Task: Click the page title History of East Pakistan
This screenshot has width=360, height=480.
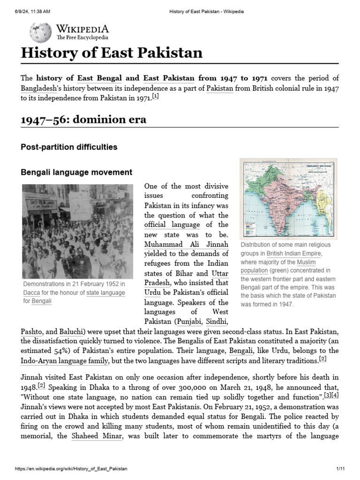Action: pyautogui.click(x=112, y=52)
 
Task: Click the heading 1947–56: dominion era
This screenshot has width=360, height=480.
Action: pyautogui.click(x=83, y=120)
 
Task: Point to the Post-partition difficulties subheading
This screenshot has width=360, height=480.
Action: pyautogui.click(x=69, y=147)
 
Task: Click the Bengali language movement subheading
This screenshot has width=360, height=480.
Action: pyautogui.click(x=76, y=172)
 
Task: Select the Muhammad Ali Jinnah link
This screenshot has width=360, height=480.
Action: pyautogui.click(x=186, y=244)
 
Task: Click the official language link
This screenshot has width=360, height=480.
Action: pyautogui.click(x=172, y=225)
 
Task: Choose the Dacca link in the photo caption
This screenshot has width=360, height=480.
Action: pyautogui.click(x=31, y=292)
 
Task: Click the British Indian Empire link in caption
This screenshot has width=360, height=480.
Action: pyautogui.click(x=294, y=254)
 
